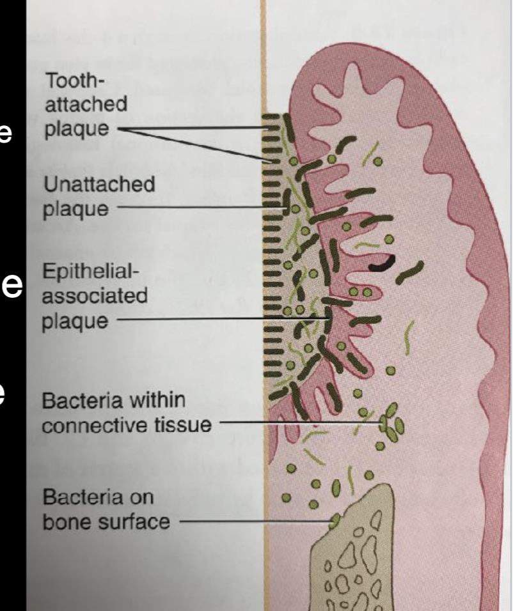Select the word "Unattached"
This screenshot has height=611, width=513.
(x=99, y=185)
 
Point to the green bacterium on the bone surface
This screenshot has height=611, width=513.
(x=334, y=520)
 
